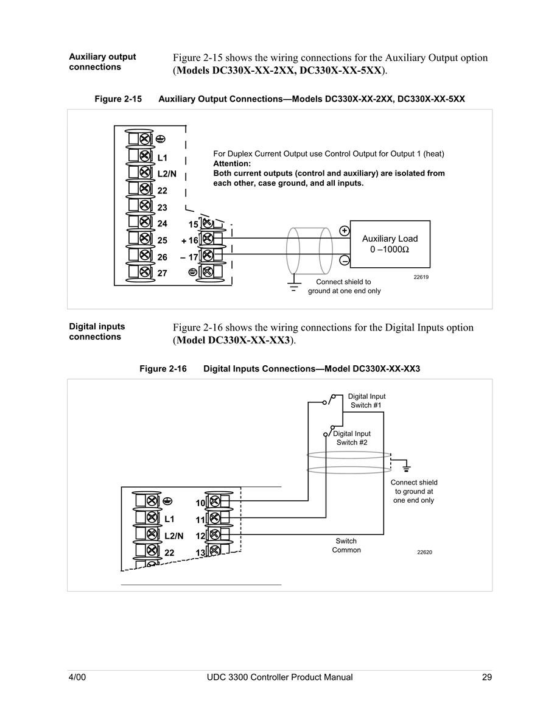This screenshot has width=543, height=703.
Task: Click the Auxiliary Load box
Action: click(390, 244)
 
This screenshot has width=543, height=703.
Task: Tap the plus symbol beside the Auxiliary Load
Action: click(345, 231)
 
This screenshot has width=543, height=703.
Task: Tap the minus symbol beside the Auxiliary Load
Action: click(345, 260)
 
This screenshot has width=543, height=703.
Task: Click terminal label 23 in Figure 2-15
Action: click(163, 208)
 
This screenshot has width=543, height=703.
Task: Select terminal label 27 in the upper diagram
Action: click(163, 273)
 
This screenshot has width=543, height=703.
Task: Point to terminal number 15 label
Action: click(193, 224)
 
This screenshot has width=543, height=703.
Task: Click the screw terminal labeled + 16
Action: click(207, 239)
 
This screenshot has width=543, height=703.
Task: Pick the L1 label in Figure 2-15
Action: click(163, 158)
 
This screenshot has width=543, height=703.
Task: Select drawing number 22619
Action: click(421, 277)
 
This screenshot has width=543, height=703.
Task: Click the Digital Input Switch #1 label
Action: click(366, 401)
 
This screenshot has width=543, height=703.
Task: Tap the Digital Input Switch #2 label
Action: click(352, 438)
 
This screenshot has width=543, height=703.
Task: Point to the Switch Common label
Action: click(346, 545)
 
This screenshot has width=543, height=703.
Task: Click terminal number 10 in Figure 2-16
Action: click(200, 503)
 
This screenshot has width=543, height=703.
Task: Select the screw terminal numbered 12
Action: click(215, 534)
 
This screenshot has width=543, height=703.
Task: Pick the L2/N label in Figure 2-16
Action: click(174, 536)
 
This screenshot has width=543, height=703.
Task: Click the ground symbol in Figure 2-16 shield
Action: click(407, 466)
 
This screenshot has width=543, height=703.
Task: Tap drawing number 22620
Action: click(425, 553)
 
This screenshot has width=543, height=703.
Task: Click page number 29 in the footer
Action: click(487, 677)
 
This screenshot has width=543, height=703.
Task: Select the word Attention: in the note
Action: click(232, 164)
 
